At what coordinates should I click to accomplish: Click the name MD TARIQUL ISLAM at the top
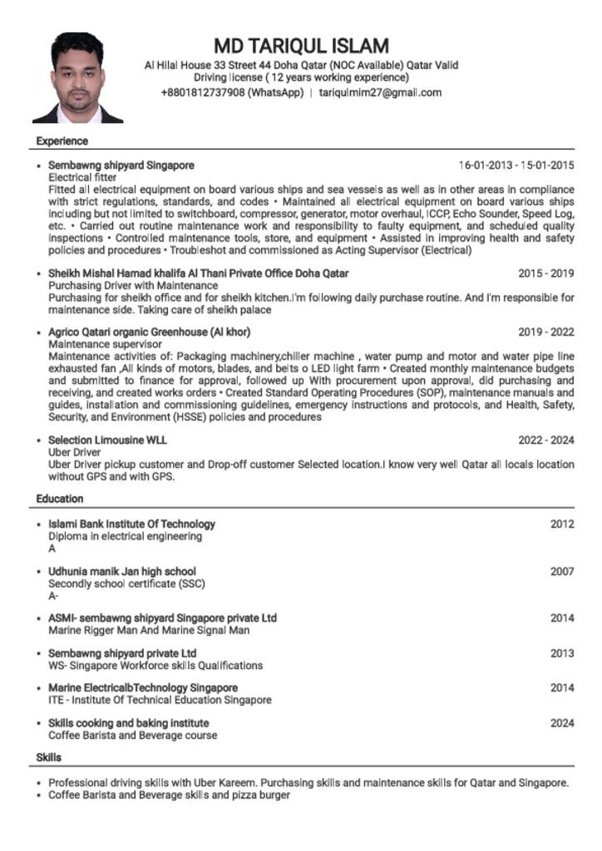(301, 45)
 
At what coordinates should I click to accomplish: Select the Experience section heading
(62, 141)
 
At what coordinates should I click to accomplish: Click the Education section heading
(60, 499)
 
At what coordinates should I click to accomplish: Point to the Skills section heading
(48, 757)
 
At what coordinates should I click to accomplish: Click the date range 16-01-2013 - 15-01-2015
(516, 165)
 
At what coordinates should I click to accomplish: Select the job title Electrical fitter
(82, 178)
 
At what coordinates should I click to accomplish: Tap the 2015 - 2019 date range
(545, 273)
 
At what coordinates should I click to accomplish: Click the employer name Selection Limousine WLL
(107, 440)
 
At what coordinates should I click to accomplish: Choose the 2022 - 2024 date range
(545, 440)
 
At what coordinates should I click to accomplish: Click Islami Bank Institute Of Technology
(131, 524)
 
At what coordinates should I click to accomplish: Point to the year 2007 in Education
(562, 572)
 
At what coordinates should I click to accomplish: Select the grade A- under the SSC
(53, 596)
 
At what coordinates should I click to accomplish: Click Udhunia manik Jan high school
(122, 572)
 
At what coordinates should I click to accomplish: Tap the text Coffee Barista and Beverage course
(132, 735)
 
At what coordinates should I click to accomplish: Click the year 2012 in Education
(562, 524)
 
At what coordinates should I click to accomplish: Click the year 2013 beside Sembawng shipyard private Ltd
(562, 653)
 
